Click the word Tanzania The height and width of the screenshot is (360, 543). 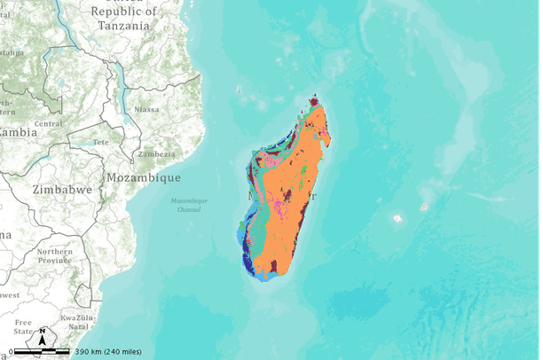(123, 26)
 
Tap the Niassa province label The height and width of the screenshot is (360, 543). (146, 109)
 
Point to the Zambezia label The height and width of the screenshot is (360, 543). (155, 154)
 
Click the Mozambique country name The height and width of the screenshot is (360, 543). (138, 177)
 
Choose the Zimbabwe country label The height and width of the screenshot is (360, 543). (62, 190)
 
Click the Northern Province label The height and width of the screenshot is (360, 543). (55, 257)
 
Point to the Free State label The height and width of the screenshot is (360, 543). (22, 326)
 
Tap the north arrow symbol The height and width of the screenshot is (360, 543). (42, 337)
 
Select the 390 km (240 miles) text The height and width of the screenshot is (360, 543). (106, 352)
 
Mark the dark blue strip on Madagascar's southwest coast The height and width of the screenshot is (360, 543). (244, 252)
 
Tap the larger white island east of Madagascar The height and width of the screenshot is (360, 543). (397, 217)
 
